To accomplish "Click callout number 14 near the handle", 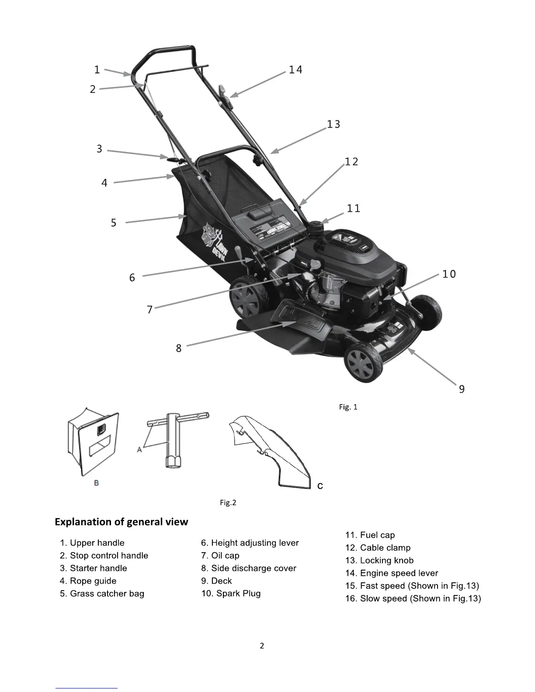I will pyautogui.click(x=295, y=70).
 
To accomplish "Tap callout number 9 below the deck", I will pyautogui.click(x=462, y=389).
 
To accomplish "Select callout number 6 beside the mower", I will pyautogui.click(x=132, y=278).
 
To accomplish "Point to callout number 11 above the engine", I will pyautogui.click(x=353, y=209).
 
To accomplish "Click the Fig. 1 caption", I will pyautogui.click(x=348, y=407).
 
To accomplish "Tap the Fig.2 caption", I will pyautogui.click(x=228, y=503).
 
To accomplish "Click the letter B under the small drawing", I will pyautogui.click(x=97, y=483).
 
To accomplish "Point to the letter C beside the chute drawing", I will pyautogui.click(x=320, y=486).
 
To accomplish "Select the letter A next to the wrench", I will pyautogui.click(x=139, y=449).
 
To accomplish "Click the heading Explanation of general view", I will pyautogui.click(x=121, y=522).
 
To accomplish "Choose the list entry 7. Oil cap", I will pyautogui.click(x=220, y=556).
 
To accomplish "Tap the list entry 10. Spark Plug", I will pyautogui.click(x=231, y=594).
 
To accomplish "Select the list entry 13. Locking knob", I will pyautogui.click(x=379, y=561).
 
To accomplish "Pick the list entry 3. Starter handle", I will pyautogui.click(x=94, y=568).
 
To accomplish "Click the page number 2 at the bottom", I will pyautogui.click(x=262, y=646).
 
